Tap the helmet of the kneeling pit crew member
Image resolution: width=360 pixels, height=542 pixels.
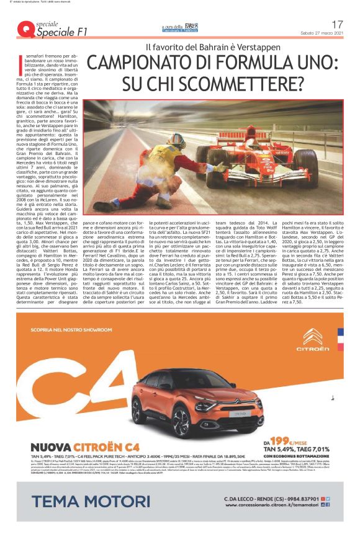(x=176, y=138)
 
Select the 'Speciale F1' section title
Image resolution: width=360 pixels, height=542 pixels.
(x=62, y=32)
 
